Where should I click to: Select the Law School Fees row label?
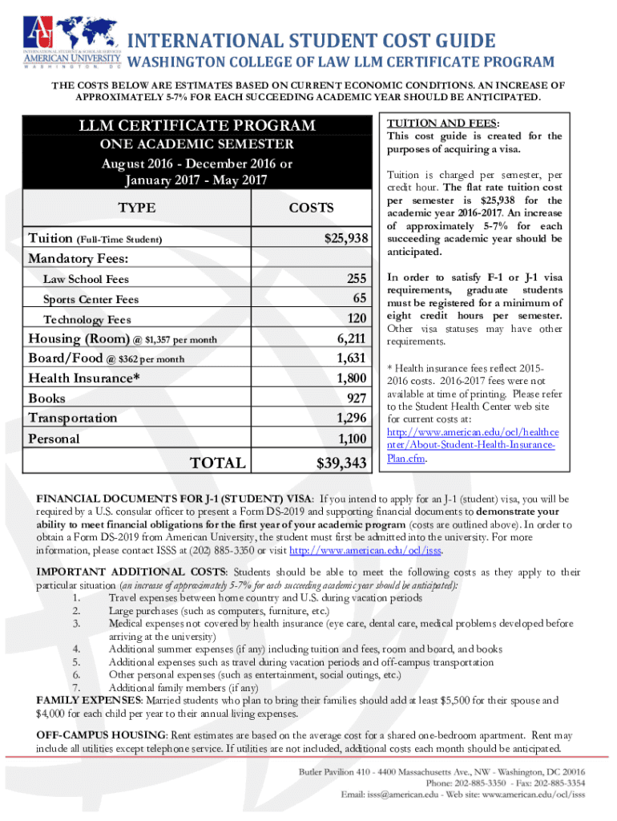[x=86, y=279]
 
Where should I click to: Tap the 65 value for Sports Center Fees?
[x=359, y=298]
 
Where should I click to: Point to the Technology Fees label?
[x=86, y=319]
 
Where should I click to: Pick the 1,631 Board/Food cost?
[x=352, y=358]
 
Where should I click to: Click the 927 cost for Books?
[x=357, y=398]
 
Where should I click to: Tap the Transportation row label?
[x=72, y=418]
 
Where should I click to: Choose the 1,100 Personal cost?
[x=352, y=438]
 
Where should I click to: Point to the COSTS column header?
[x=311, y=208]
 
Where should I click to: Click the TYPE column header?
[x=137, y=208]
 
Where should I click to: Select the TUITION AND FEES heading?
[x=442, y=123]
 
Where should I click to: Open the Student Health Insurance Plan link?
[x=470, y=445]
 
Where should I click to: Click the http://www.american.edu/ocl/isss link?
[x=365, y=551]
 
